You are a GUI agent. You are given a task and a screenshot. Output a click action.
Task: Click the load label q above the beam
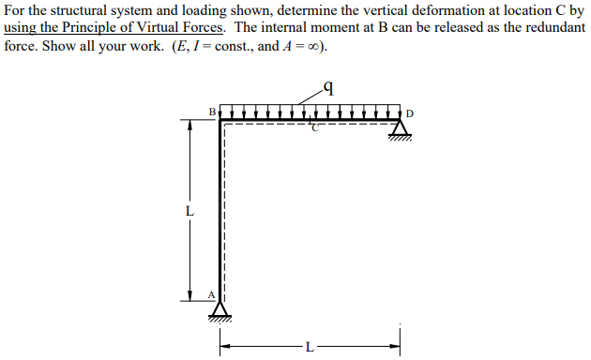[328, 89]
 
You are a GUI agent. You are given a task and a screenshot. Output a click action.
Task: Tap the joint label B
[212, 112]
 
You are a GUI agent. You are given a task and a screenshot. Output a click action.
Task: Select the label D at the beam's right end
[410, 114]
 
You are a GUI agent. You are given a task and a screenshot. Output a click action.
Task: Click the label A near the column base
[211, 295]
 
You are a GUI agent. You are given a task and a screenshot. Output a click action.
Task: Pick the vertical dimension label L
[189, 211]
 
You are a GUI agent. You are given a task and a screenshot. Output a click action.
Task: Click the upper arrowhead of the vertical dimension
[189, 128]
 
